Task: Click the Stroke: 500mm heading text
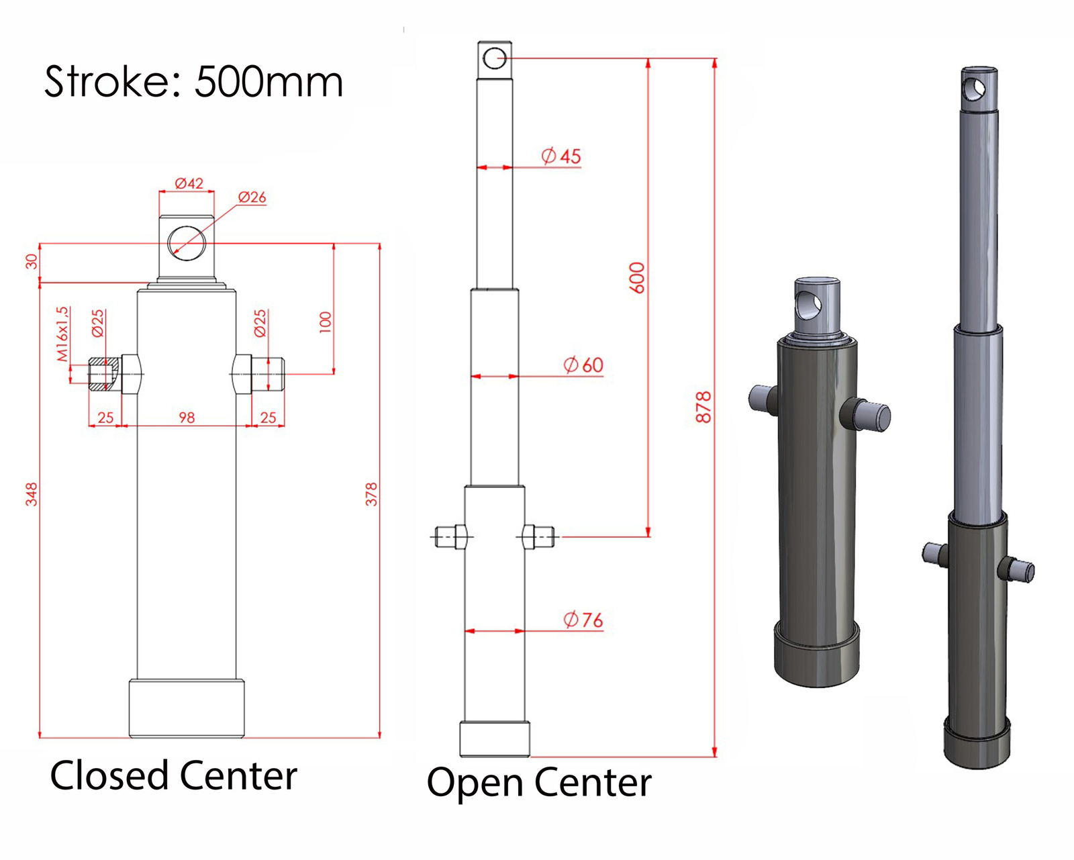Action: (x=193, y=82)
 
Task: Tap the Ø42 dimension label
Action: (x=189, y=183)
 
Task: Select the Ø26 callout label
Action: (x=252, y=197)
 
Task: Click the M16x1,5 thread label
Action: (x=62, y=334)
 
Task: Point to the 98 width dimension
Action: (x=187, y=418)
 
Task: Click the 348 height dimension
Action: (x=32, y=493)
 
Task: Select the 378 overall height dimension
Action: (x=371, y=493)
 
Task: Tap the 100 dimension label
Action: (x=326, y=322)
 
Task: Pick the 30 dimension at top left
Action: (x=32, y=262)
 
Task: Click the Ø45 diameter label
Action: (x=561, y=156)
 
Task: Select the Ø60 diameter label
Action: (x=583, y=365)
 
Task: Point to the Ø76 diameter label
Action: (x=583, y=620)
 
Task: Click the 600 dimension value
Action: (x=637, y=277)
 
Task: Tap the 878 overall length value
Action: (x=703, y=407)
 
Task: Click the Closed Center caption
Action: (x=173, y=776)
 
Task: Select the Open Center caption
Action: (x=539, y=783)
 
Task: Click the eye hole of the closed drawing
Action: (x=187, y=243)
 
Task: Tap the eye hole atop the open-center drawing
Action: (x=495, y=58)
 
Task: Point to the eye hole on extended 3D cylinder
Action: (x=974, y=88)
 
